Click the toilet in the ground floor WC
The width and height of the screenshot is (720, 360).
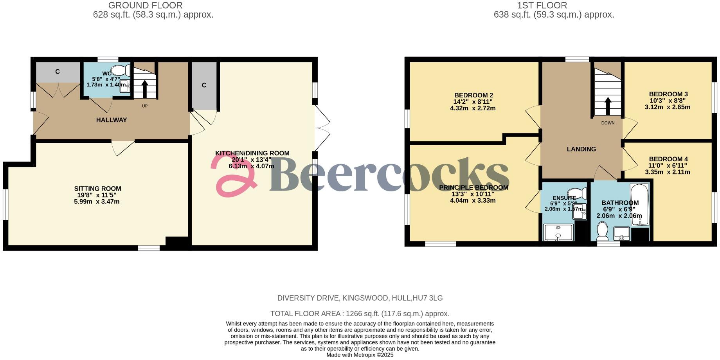click(x=121, y=70)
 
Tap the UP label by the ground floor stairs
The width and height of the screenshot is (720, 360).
click(x=145, y=106)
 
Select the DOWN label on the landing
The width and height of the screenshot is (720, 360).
click(x=608, y=123)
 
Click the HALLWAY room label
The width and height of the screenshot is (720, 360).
click(x=112, y=120)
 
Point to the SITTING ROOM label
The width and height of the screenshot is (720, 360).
click(x=97, y=189)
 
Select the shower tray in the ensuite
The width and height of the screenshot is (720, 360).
click(x=558, y=232)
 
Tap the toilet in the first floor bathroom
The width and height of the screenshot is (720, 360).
click(x=602, y=231)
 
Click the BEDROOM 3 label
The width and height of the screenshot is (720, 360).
click(x=668, y=94)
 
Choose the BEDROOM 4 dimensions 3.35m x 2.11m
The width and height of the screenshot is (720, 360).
click(x=668, y=172)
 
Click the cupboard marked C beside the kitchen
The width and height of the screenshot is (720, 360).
click(x=204, y=85)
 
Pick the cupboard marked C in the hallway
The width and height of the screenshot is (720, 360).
click(x=58, y=72)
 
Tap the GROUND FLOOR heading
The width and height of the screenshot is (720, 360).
click(x=145, y=5)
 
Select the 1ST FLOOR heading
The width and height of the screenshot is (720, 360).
click(x=542, y=5)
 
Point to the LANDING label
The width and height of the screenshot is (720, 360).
click(x=581, y=149)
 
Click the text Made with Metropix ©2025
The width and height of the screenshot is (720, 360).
click(x=360, y=355)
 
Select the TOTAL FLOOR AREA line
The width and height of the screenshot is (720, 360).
click(x=360, y=314)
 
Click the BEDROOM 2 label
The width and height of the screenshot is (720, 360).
click(x=473, y=95)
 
